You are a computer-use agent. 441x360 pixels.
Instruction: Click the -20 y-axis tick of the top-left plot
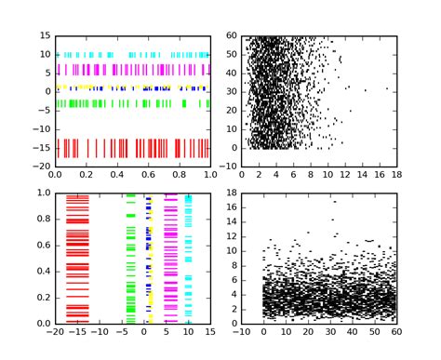tap(44, 167)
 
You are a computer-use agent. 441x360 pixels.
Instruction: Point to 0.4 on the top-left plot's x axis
tap(117, 174)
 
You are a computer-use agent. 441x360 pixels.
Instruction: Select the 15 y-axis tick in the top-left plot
tap(45, 36)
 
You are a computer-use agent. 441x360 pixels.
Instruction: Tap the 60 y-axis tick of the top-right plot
tap(233, 36)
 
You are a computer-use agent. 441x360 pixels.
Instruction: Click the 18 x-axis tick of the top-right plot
tap(397, 174)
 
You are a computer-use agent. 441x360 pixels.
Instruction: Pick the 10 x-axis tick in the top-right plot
tap(328, 174)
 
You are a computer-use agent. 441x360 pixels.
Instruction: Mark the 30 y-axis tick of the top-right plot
tap(233, 92)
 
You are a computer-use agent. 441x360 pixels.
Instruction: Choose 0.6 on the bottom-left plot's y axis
tap(44, 246)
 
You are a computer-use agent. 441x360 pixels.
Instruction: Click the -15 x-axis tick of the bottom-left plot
tap(78, 331)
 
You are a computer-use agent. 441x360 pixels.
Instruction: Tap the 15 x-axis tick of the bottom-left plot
tap(211, 331)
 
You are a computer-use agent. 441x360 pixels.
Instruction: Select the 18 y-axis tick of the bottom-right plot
tap(233, 193)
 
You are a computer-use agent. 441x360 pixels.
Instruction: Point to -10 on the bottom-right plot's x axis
tap(242, 331)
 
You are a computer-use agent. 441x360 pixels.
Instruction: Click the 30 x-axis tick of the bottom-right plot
tap(330, 331)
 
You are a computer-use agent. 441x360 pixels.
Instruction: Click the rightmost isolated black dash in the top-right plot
tap(387, 89)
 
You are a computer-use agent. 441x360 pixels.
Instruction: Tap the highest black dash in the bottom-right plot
tap(334, 201)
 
